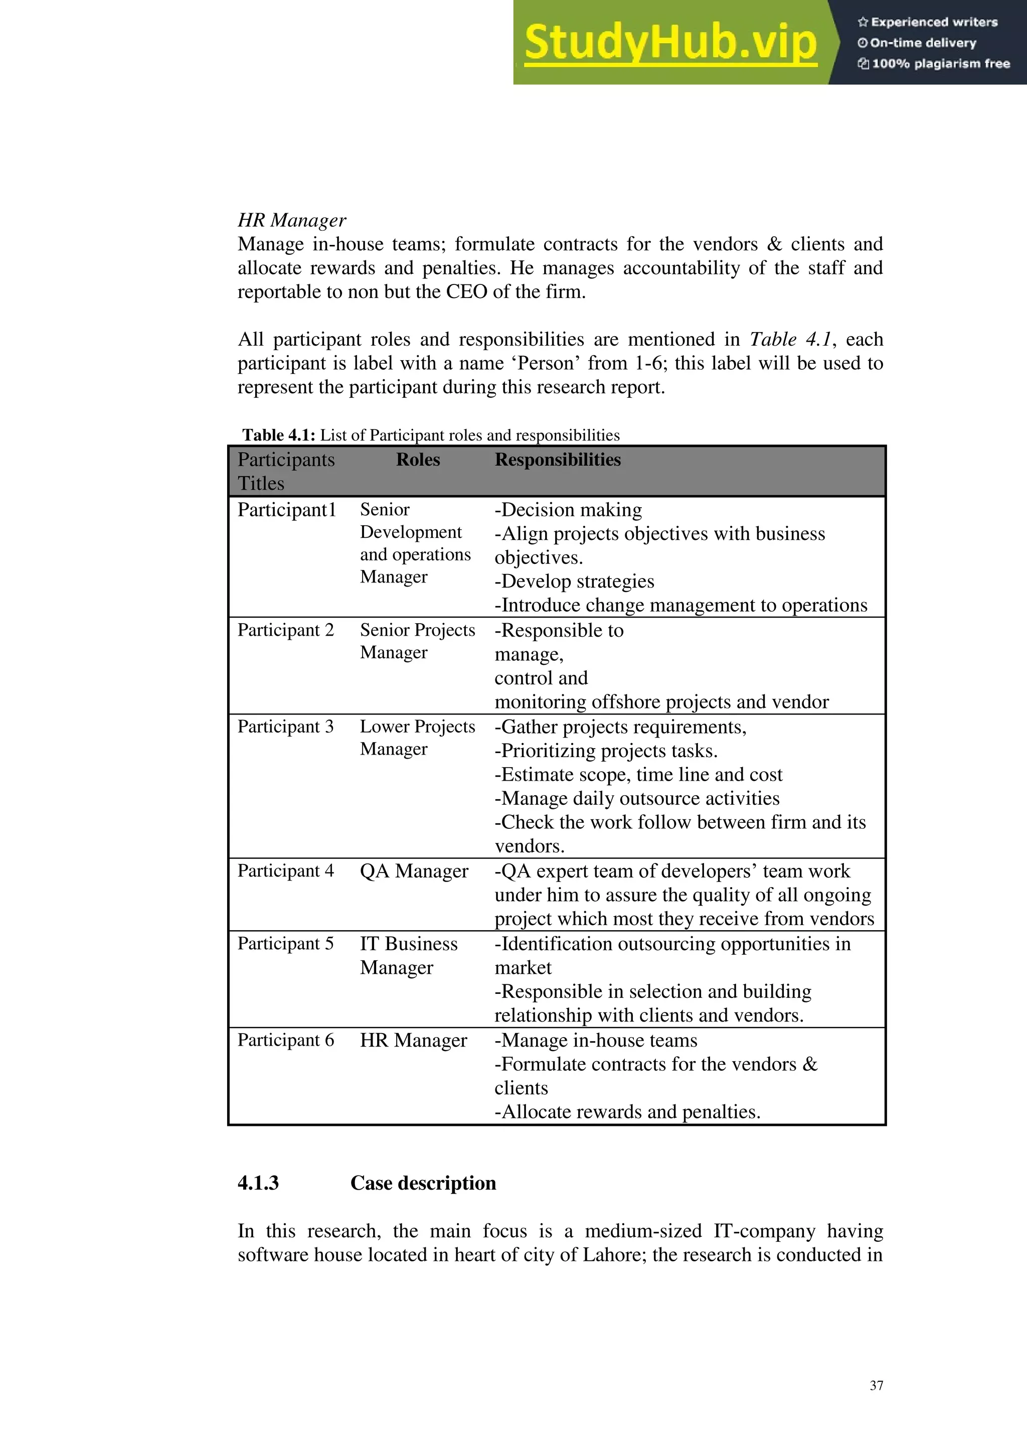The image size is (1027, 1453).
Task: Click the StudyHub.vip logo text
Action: (670, 43)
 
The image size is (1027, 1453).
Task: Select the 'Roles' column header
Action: (418, 460)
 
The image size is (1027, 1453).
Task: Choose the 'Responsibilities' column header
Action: (557, 460)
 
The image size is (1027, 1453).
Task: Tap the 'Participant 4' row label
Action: (285, 871)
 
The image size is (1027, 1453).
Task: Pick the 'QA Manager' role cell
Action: (414, 871)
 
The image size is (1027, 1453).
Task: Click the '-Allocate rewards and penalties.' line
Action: (627, 1111)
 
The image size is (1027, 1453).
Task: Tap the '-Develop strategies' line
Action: (574, 581)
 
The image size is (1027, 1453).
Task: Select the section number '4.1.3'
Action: (258, 1183)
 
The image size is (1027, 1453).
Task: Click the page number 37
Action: (876, 1385)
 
